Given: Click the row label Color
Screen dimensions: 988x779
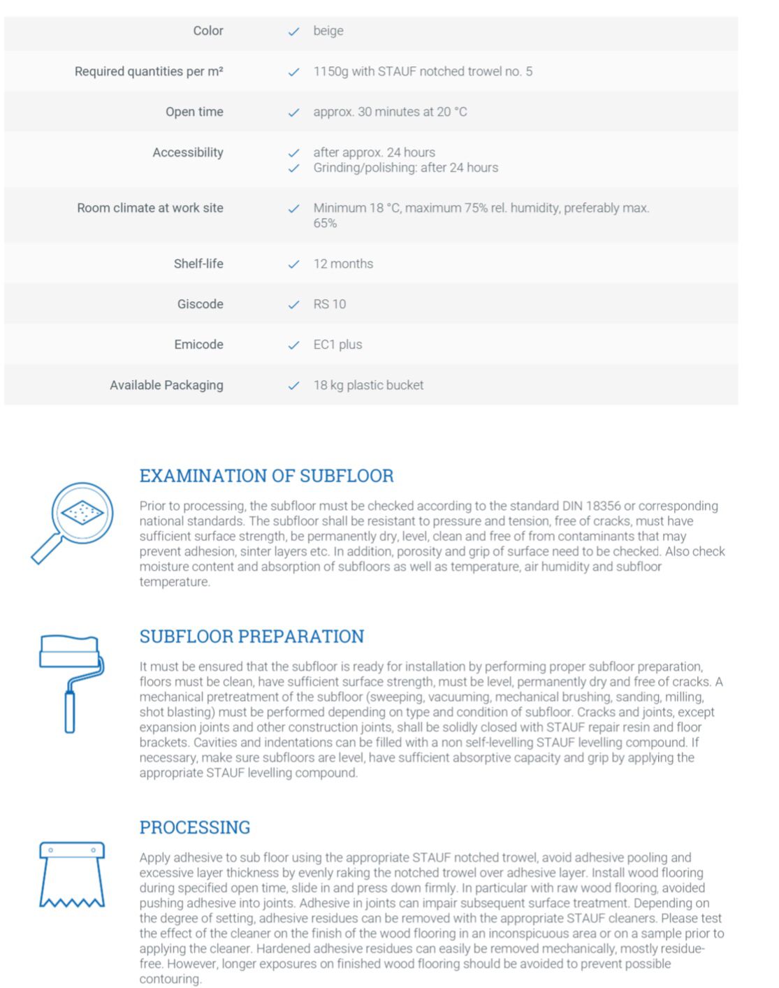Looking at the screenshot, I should tap(208, 31).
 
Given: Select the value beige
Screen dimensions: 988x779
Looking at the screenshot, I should tap(328, 31).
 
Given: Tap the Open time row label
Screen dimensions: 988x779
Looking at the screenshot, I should tap(194, 112).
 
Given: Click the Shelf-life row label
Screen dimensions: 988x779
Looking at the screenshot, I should tap(198, 263).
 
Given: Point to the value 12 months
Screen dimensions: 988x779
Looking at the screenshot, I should tap(343, 263).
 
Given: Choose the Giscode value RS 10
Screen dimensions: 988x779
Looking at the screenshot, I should tap(330, 304).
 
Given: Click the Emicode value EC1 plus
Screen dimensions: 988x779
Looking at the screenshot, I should tap(337, 344).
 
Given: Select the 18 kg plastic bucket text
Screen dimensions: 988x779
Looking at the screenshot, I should tap(368, 385).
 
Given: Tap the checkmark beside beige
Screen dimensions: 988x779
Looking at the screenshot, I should tap(294, 31).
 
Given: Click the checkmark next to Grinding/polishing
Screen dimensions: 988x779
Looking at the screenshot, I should tap(294, 168).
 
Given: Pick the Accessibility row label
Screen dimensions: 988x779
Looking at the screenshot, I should tap(188, 152).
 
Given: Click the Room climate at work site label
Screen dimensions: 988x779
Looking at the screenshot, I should tap(150, 208).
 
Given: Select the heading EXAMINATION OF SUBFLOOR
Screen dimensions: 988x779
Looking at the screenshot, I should tap(266, 476).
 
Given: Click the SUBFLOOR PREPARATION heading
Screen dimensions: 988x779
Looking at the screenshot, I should tap(252, 637).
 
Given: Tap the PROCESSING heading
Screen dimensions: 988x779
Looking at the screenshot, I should tap(195, 827).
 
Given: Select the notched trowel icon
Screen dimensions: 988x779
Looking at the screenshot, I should tap(72, 874).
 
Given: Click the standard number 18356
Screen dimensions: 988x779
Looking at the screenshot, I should tap(604, 506).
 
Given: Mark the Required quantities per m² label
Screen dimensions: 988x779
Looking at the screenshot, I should tap(149, 71).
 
